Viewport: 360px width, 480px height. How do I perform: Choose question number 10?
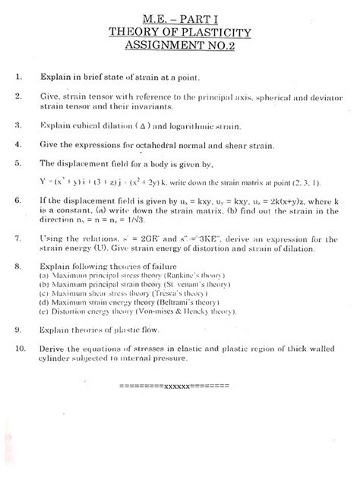click(x=21, y=348)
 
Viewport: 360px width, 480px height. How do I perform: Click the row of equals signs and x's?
click(x=174, y=387)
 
